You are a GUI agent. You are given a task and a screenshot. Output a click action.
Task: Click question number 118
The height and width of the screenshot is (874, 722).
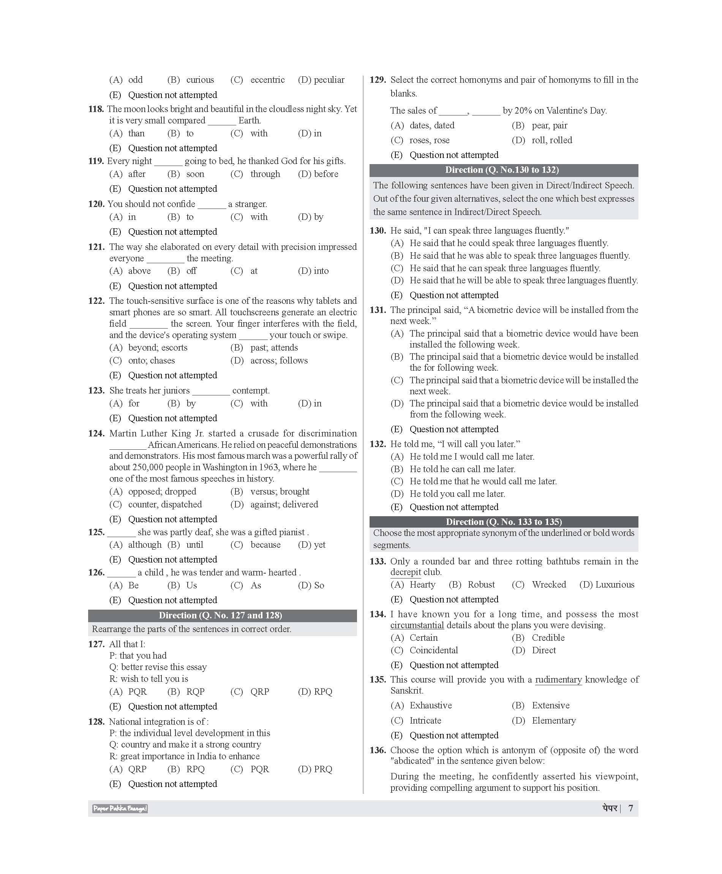point(96,109)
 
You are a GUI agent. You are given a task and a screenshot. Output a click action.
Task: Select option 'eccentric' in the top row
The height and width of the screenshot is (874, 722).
point(267,80)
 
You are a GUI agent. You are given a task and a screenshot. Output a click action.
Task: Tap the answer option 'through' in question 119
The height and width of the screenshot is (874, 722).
point(265,174)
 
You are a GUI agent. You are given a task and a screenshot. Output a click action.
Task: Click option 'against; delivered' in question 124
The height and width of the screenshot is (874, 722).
point(284,504)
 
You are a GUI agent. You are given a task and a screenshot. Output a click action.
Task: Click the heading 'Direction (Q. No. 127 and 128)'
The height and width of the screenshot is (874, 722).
point(220,615)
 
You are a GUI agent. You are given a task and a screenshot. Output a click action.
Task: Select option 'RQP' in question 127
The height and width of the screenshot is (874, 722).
point(195,691)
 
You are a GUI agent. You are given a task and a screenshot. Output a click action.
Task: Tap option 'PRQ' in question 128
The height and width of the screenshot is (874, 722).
point(323,769)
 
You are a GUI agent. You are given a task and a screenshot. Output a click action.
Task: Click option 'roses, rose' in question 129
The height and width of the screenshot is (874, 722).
point(429,140)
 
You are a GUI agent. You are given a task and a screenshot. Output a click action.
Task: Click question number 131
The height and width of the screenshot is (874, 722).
point(378,310)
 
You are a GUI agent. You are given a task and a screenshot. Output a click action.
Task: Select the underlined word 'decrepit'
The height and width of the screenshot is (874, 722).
point(406,572)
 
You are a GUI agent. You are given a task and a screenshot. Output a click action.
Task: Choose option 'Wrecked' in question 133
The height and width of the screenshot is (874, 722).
point(548,585)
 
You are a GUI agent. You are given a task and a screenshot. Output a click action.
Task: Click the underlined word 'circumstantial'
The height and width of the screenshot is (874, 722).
point(417,625)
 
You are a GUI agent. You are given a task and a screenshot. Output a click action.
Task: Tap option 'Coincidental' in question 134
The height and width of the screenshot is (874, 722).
point(433,650)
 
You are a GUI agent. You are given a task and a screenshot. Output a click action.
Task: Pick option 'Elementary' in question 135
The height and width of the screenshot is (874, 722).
point(554,721)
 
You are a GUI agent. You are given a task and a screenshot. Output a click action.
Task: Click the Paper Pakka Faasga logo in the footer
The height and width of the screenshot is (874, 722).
point(120,808)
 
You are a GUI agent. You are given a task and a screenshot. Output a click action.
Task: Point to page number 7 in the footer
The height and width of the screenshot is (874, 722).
point(630,808)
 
